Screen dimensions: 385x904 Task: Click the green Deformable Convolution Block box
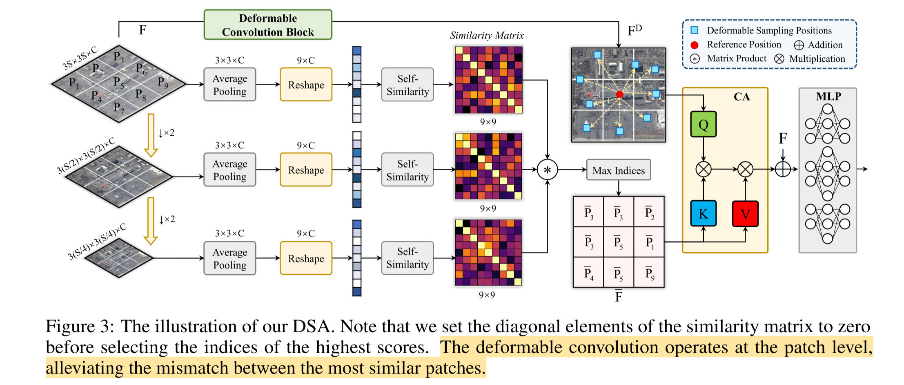coord(268,25)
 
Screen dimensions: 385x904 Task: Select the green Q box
coord(703,124)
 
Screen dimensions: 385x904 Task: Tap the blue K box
coord(703,213)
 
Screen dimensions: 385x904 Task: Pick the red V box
coord(745,213)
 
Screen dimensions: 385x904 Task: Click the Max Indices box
coord(618,170)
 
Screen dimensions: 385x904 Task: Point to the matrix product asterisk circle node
coord(547,170)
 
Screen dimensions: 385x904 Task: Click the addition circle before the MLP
coord(783,169)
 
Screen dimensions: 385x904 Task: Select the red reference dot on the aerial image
coord(619,94)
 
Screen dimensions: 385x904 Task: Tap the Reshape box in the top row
coord(306,85)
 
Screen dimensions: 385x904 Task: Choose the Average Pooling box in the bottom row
coord(230,258)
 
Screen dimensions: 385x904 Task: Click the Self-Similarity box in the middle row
coord(407,170)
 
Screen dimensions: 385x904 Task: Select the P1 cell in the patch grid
coord(649,242)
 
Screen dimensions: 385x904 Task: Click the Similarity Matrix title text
coord(487,36)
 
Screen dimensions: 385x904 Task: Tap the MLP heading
coord(828,96)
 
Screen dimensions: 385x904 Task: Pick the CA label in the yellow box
coord(741,97)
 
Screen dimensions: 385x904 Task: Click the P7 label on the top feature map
coord(118,107)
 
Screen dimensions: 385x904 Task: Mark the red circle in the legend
coord(694,45)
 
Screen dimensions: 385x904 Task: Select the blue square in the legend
coord(694,30)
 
